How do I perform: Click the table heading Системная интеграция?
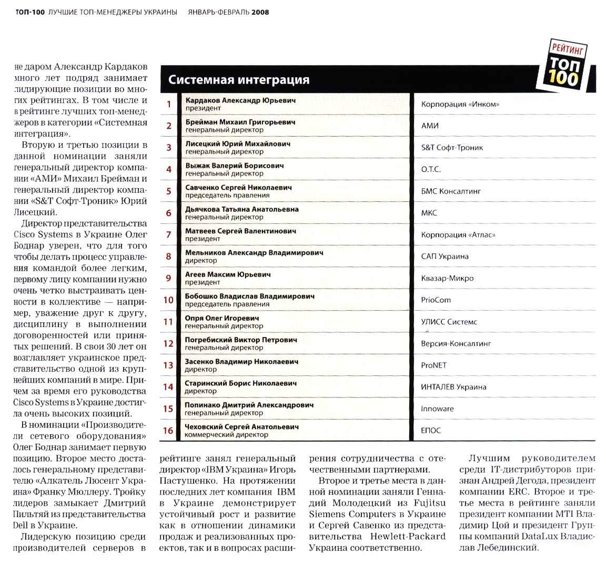[x=239, y=80]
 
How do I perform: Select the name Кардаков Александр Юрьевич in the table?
[x=240, y=100]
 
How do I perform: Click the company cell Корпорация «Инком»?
[x=460, y=104]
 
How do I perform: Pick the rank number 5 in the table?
[x=169, y=191]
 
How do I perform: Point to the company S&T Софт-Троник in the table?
[x=452, y=148]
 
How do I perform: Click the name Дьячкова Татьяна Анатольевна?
[x=242, y=209]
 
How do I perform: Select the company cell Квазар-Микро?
[x=447, y=278]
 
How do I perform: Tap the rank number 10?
[x=168, y=300]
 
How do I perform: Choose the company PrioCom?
[x=436, y=300]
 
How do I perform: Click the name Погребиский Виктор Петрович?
[x=241, y=340]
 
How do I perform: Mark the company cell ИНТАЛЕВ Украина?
[x=453, y=387]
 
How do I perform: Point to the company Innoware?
[x=437, y=408]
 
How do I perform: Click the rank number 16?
[x=168, y=431]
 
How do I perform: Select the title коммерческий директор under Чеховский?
[x=226, y=435]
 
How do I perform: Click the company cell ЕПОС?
[x=431, y=431]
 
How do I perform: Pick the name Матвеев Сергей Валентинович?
[x=240, y=231]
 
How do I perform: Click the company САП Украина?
[x=445, y=257]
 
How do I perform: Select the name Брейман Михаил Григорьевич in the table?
[x=240, y=122]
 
